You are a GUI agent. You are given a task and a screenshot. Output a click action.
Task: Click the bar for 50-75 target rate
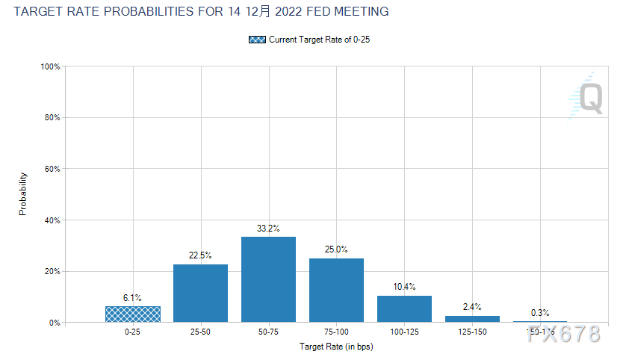pos(268,279)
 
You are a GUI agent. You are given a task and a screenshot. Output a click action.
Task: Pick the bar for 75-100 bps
pos(336,290)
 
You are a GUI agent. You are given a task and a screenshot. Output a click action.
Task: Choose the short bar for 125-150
pos(472,319)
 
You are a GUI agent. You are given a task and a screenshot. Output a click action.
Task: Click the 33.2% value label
pos(268,229)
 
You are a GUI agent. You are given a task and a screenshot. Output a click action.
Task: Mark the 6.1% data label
pos(133,298)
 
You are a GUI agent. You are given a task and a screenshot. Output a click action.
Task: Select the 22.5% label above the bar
pos(200,256)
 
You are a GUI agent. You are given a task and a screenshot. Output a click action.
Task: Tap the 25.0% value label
pos(336,249)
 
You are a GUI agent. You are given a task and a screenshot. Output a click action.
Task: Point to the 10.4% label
pos(404,287)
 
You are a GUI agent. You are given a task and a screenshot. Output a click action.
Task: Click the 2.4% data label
pos(472,308)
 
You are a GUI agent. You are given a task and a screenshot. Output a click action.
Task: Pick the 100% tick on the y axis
pos(50,66)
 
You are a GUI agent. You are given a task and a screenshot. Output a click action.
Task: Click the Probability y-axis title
pos(22,194)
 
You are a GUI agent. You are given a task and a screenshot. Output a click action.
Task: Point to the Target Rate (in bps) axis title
pos(336,347)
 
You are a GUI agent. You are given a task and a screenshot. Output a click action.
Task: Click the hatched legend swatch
pos(257,40)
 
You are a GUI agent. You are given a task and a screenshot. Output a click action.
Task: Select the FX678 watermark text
pos(563,334)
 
